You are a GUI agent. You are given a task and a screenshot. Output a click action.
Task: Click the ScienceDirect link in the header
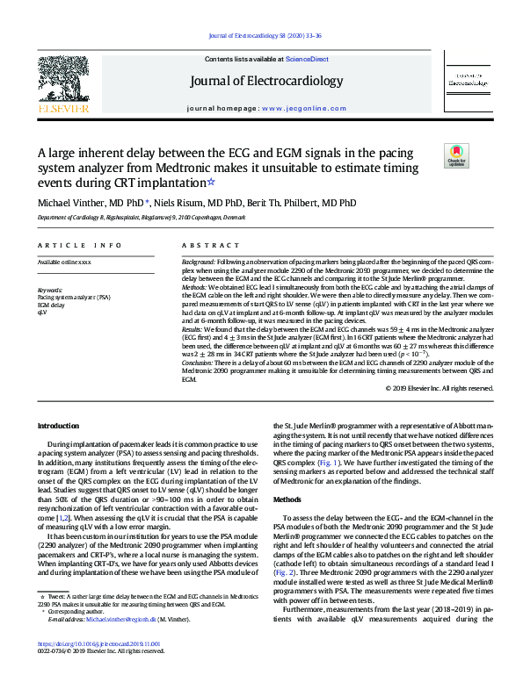(x=307, y=59)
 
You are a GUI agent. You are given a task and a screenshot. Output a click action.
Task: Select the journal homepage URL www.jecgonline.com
(x=295, y=108)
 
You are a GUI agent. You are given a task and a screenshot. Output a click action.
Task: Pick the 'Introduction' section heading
(x=59, y=427)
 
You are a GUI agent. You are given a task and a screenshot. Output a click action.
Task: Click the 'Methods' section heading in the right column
(x=287, y=499)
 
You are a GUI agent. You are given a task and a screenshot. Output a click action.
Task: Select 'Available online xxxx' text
(x=64, y=262)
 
